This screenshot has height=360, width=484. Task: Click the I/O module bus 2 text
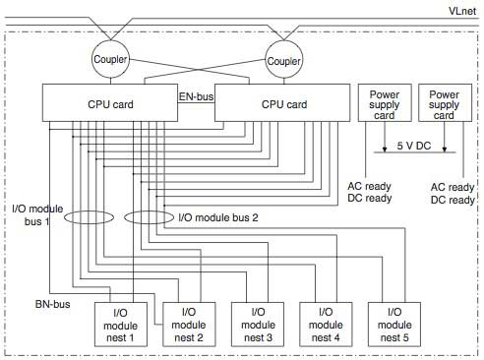pos(218,217)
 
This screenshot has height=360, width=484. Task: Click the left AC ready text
pos(370,186)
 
